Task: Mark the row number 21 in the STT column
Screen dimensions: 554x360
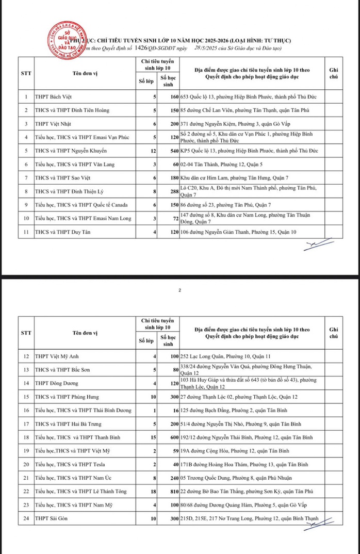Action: (26, 477)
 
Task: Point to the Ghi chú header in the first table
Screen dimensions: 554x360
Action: (334, 72)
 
